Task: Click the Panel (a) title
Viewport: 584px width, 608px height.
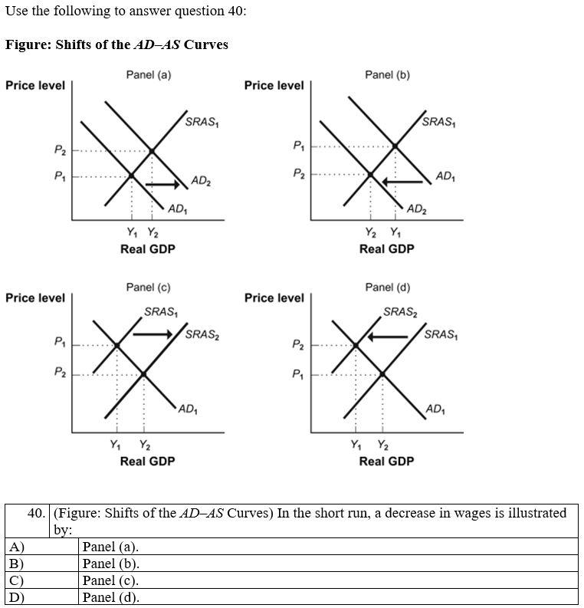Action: pos(149,75)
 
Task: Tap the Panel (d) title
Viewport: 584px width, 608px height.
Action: pos(387,288)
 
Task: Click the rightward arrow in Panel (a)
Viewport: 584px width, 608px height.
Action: pos(162,185)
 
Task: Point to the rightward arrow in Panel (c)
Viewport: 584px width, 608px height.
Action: pos(153,334)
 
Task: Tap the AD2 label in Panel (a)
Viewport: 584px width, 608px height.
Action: pos(201,182)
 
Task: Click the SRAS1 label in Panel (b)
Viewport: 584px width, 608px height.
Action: pos(438,122)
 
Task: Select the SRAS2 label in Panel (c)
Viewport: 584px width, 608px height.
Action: pos(202,334)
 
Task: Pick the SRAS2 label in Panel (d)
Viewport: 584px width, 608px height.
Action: pos(401,312)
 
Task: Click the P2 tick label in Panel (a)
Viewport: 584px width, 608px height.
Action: pos(60,151)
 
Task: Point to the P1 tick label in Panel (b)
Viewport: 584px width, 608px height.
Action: pos(299,146)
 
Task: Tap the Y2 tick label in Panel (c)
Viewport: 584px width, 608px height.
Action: pos(144,445)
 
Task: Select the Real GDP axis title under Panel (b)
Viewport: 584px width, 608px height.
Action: pos(386,249)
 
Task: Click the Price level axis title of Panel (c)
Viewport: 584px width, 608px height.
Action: pos(35,297)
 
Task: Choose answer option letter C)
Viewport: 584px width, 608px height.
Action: pos(16,580)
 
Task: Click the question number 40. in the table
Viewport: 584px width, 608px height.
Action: pos(36,513)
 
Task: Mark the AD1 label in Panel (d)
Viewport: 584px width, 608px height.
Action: pos(434,409)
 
